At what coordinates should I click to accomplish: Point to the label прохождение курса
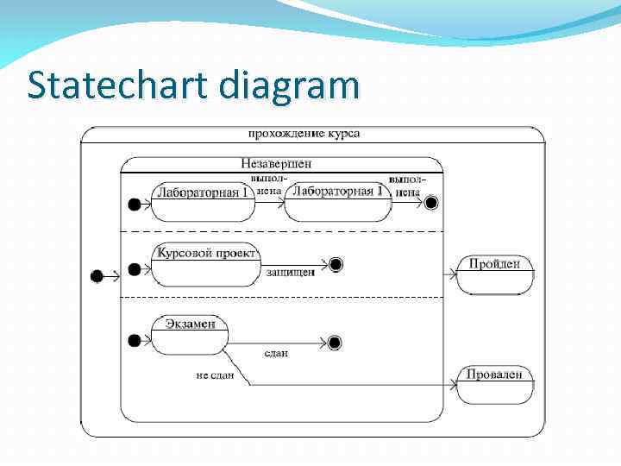(304, 134)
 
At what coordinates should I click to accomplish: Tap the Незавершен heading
(276, 162)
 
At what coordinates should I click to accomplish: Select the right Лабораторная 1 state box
(338, 200)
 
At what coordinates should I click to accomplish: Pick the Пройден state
(494, 274)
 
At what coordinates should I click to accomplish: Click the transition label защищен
(290, 273)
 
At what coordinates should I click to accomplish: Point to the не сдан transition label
(215, 375)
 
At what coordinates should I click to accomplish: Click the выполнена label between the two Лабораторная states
(267, 185)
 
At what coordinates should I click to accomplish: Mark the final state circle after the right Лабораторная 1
(431, 203)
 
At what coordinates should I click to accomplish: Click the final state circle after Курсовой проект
(336, 265)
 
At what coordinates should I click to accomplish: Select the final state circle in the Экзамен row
(335, 343)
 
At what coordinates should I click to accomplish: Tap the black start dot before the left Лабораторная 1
(134, 204)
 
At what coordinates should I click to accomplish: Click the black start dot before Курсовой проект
(134, 270)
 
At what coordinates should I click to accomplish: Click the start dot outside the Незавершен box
(97, 276)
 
